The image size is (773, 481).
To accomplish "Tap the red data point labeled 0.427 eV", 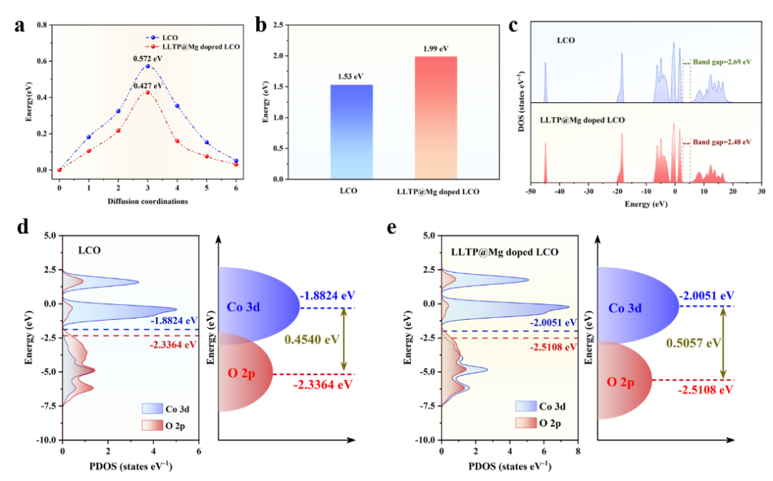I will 148,92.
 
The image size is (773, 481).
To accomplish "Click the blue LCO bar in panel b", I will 351,132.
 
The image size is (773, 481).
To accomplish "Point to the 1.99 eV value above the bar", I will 435,48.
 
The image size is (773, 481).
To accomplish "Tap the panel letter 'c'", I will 512,27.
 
